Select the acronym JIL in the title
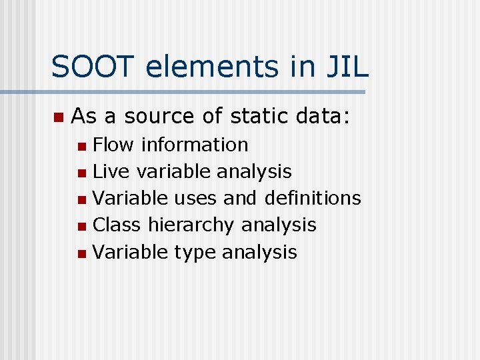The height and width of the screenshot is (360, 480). tap(346, 67)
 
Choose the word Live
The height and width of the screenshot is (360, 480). tap(112, 171)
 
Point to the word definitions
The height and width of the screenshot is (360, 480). tap(313, 198)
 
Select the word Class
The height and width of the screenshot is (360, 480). tap(117, 225)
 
